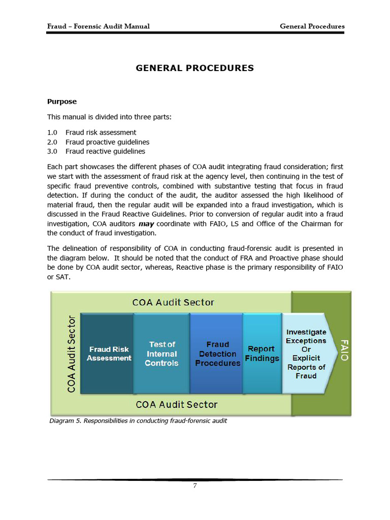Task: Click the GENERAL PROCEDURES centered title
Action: (194, 68)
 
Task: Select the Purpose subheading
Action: (62, 102)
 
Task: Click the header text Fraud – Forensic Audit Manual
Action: (98, 26)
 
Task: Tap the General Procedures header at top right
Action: (312, 26)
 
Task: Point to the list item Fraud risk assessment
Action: (101, 133)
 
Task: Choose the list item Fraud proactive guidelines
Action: (107, 142)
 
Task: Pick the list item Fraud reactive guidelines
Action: (105, 151)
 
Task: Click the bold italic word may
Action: (146, 224)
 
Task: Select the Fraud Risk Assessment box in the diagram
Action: (109, 353)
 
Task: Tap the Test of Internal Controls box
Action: (161, 353)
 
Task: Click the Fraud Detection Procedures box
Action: (217, 353)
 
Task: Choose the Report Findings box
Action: (262, 353)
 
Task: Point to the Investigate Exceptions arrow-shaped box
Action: (306, 353)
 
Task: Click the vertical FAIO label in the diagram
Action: (344, 350)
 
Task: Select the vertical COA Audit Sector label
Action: (72, 353)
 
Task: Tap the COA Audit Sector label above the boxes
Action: (173, 303)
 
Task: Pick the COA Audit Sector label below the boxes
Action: (176, 405)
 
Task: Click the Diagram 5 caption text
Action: (138, 421)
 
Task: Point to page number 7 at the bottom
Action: (195, 485)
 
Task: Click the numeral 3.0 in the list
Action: (52, 151)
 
